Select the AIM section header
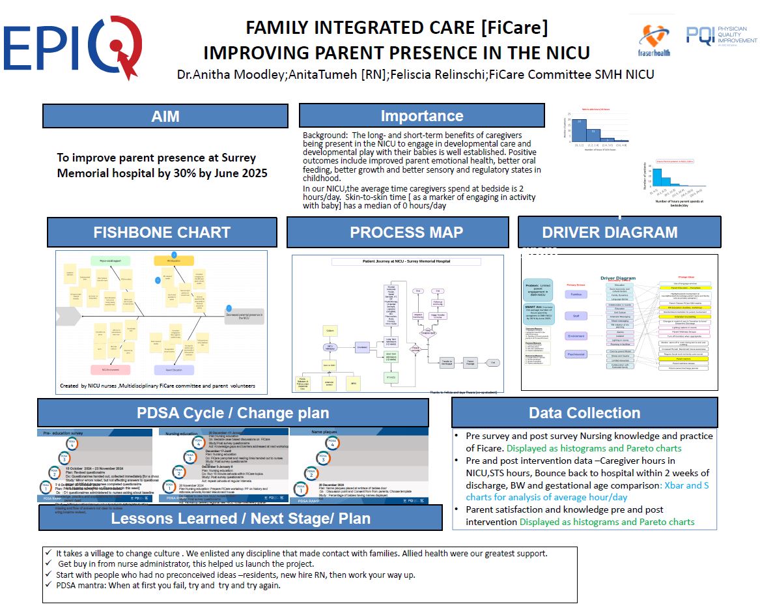click(x=165, y=117)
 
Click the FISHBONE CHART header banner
click(x=162, y=233)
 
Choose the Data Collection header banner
click(x=584, y=413)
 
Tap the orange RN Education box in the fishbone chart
click(x=174, y=261)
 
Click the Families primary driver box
click(x=576, y=294)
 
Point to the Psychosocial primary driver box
click(x=576, y=354)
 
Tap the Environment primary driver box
click(x=576, y=335)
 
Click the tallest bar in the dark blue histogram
click(x=580, y=130)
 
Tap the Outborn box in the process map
click(x=330, y=332)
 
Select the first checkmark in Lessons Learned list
click(x=49, y=553)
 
